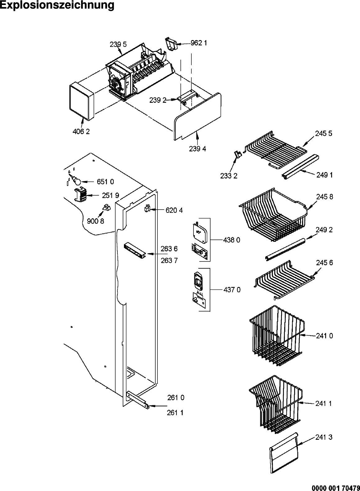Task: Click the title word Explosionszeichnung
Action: pos(57,5)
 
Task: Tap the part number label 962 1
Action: pos(198,43)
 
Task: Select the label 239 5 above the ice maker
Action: pos(118,44)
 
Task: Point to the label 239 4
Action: pos(198,149)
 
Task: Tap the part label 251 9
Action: pos(111,195)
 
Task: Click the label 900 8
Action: pos(95,221)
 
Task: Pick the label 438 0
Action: pos(231,240)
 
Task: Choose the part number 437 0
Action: pos(232,290)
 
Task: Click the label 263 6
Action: pos(169,249)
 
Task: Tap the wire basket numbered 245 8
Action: pos(273,215)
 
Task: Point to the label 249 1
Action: pos(325,175)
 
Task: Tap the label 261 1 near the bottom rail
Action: pos(175,413)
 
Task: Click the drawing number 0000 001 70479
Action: pos(336,488)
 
